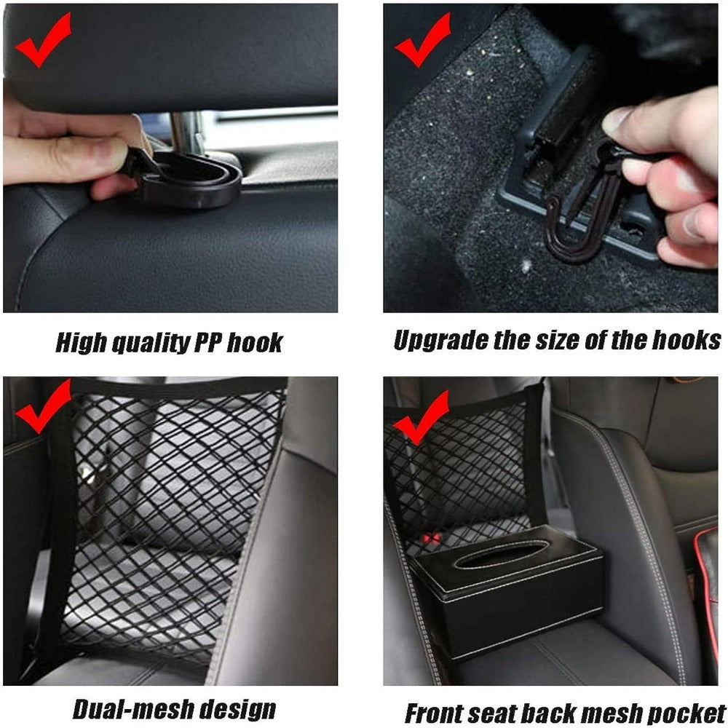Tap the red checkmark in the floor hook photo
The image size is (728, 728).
point(422,41)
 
